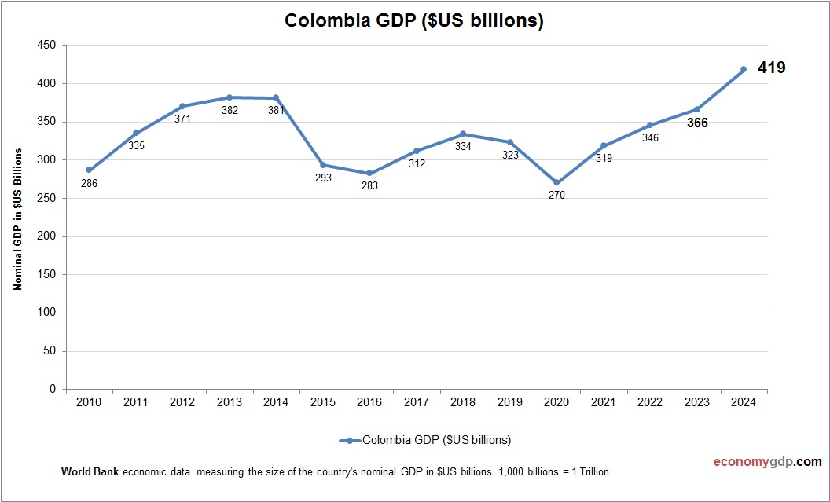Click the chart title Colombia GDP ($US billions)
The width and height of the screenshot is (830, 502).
click(414, 21)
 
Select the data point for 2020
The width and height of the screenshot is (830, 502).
click(556, 182)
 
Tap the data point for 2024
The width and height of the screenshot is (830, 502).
click(744, 69)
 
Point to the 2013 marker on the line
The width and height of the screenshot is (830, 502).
click(230, 97)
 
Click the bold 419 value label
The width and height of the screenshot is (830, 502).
click(771, 68)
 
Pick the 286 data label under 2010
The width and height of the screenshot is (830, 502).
click(90, 184)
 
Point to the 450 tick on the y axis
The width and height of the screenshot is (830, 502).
click(46, 46)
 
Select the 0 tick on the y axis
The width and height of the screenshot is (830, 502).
click(53, 389)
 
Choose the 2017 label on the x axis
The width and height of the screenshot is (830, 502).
click(416, 402)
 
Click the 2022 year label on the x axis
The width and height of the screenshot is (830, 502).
click(650, 402)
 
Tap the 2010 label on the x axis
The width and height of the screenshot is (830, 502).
click(89, 402)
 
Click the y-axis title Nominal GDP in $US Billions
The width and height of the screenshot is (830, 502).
click(17, 218)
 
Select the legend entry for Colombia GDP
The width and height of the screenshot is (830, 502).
click(425, 440)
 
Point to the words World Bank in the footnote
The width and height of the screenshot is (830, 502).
click(90, 472)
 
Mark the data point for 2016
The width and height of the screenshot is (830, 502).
click(369, 173)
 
